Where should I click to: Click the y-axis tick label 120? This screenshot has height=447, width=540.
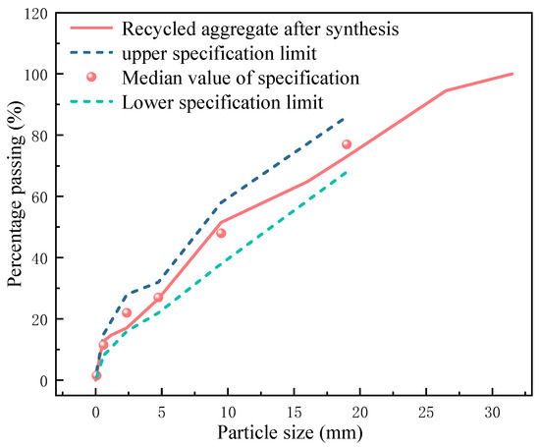[x=35, y=14]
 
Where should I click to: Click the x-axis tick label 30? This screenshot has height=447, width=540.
[x=493, y=412]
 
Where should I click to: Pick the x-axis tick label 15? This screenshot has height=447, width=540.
[x=294, y=412]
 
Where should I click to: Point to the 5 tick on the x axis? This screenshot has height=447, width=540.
[x=162, y=412]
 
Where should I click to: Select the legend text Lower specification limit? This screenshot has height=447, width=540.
[x=225, y=100]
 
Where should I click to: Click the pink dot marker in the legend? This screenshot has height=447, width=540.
[x=91, y=77]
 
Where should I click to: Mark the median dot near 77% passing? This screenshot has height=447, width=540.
[x=346, y=144]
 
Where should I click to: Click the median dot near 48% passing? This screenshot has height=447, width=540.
[x=221, y=233]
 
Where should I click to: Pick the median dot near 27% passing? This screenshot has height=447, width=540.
[x=158, y=297]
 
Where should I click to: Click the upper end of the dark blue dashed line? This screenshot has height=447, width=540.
[x=345, y=117]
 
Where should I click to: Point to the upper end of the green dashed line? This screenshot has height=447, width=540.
[x=347, y=171]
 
